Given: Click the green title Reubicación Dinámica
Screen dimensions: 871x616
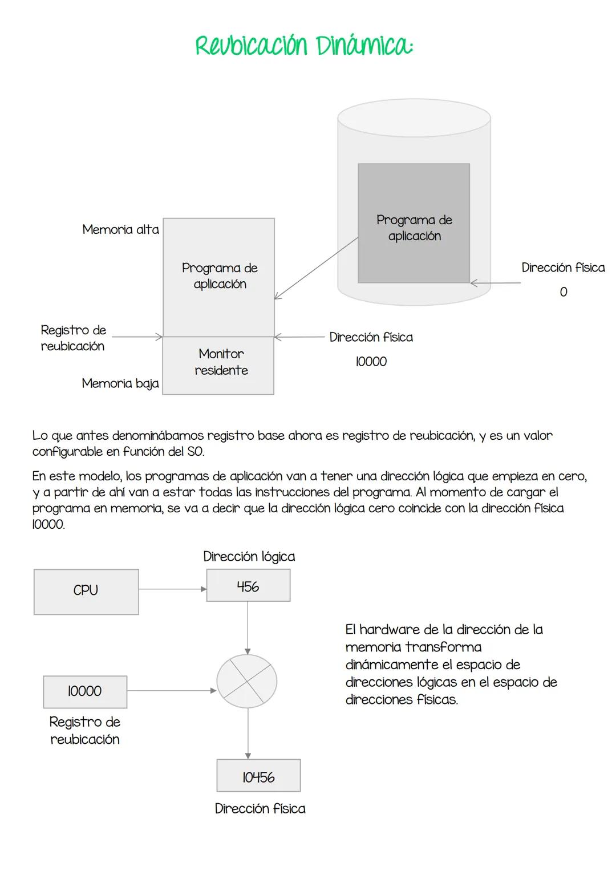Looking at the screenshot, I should [304, 46].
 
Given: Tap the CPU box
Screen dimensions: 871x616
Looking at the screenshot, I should [86, 592].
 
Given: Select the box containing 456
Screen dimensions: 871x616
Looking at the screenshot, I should [248, 586].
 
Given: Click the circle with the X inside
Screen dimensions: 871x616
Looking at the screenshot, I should [247, 682].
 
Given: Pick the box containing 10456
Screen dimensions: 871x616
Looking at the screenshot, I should [258, 776].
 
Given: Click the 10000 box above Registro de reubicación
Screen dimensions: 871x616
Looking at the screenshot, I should [85, 691].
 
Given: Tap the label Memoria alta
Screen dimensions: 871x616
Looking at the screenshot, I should [120, 230].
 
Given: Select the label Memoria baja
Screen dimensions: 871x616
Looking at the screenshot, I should [120, 383].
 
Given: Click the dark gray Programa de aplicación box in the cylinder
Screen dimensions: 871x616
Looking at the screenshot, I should [414, 223].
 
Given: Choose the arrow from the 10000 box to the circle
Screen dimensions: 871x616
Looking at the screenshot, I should [171, 691].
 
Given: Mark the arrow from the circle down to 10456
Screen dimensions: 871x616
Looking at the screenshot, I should [248, 733].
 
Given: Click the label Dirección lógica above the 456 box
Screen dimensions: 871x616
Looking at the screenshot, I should [249, 557].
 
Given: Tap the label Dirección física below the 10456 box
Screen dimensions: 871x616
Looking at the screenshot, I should [260, 808].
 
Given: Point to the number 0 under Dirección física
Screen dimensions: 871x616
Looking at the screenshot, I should [563, 292].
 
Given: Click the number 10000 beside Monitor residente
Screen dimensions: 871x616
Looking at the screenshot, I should [371, 362].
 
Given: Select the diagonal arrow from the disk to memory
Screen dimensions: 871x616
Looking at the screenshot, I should [317, 268].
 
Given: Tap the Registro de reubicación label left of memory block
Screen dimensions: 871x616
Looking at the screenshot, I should [73, 338].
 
